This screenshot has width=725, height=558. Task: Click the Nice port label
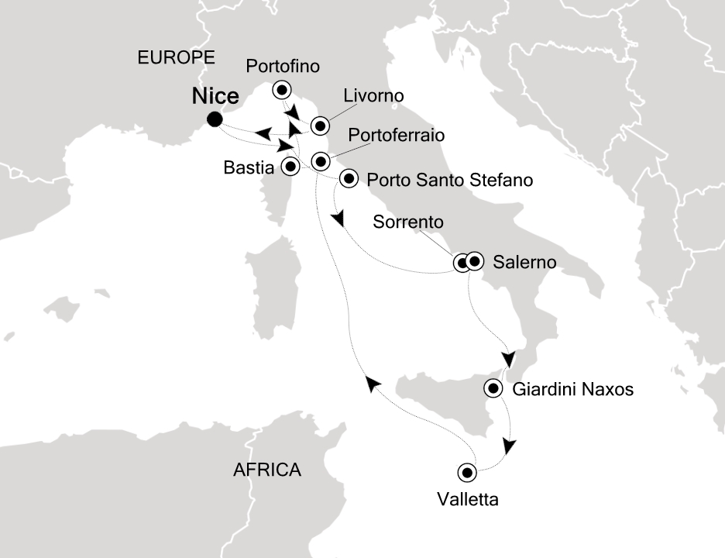click(215, 98)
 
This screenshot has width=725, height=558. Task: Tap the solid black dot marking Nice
click(215, 119)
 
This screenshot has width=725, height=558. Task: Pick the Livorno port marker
click(320, 126)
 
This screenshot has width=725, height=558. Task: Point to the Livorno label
click(374, 97)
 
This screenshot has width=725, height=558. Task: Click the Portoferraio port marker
click(320, 161)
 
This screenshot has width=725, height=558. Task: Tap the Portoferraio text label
click(397, 135)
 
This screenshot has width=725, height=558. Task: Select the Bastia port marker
click(290, 165)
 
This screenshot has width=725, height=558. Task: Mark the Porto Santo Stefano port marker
click(349, 180)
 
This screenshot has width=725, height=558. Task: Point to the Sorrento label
click(408, 222)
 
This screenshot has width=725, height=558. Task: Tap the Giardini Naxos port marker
click(493, 389)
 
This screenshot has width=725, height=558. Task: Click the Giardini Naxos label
click(573, 390)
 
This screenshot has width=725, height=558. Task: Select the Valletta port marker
click(467, 471)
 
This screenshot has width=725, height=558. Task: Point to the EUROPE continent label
click(174, 57)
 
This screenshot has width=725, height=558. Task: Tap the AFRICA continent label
click(267, 469)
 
